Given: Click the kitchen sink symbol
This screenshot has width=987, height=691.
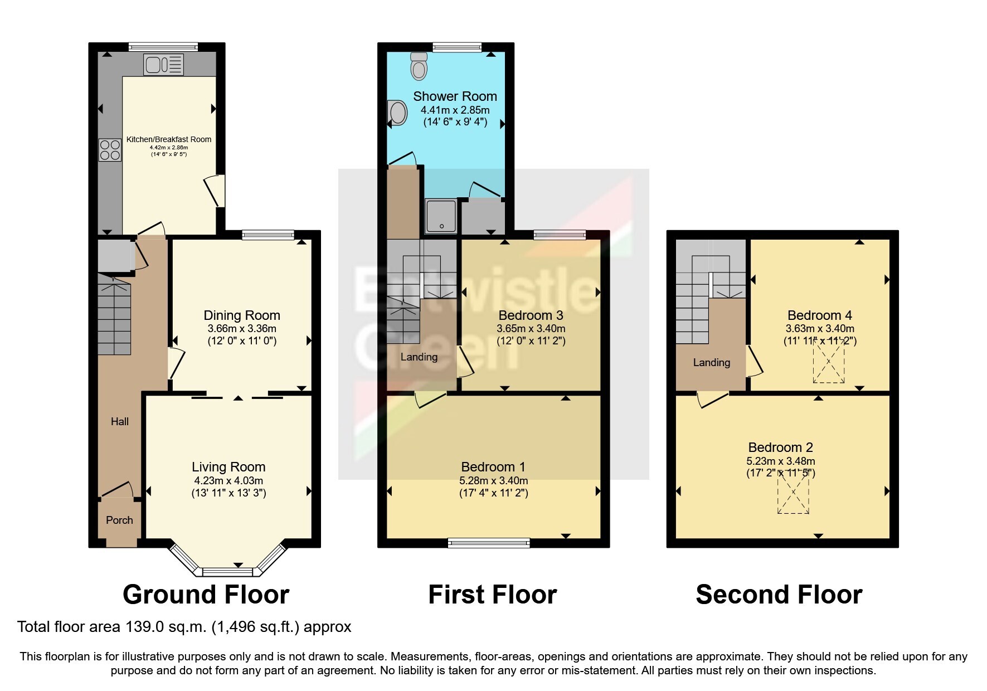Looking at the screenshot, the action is click(x=163, y=64).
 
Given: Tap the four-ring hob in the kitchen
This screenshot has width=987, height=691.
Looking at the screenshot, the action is click(x=110, y=149).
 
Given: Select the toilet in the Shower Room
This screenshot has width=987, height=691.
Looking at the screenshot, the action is click(x=419, y=66).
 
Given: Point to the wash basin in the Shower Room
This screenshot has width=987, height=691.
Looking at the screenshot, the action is click(x=397, y=113).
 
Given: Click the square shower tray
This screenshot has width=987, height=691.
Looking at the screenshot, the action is click(x=441, y=216).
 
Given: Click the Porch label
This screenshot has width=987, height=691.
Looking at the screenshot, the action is click(x=119, y=520).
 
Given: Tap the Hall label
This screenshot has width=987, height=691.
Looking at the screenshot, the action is click(x=120, y=421).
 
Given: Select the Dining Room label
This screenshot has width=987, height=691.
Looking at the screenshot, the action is click(x=242, y=315).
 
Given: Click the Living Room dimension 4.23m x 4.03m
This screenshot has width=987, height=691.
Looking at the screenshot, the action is click(x=228, y=480).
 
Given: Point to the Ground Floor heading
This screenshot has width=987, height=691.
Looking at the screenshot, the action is click(x=206, y=595).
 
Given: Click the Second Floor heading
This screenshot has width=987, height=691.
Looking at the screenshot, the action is click(x=779, y=595).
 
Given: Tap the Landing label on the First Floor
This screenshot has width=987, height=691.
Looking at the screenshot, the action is click(x=419, y=357).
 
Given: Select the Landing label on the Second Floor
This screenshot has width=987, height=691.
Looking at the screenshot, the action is click(x=712, y=362).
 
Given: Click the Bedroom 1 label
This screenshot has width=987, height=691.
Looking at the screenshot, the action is click(x=493, y=467).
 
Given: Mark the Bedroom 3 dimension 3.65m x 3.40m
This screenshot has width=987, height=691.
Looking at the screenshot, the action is click(x=531, y=329).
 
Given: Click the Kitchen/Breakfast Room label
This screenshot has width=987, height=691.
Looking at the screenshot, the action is click(x=169, y=139).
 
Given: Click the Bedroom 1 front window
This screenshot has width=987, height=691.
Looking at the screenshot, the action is click(x=489, y=543).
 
